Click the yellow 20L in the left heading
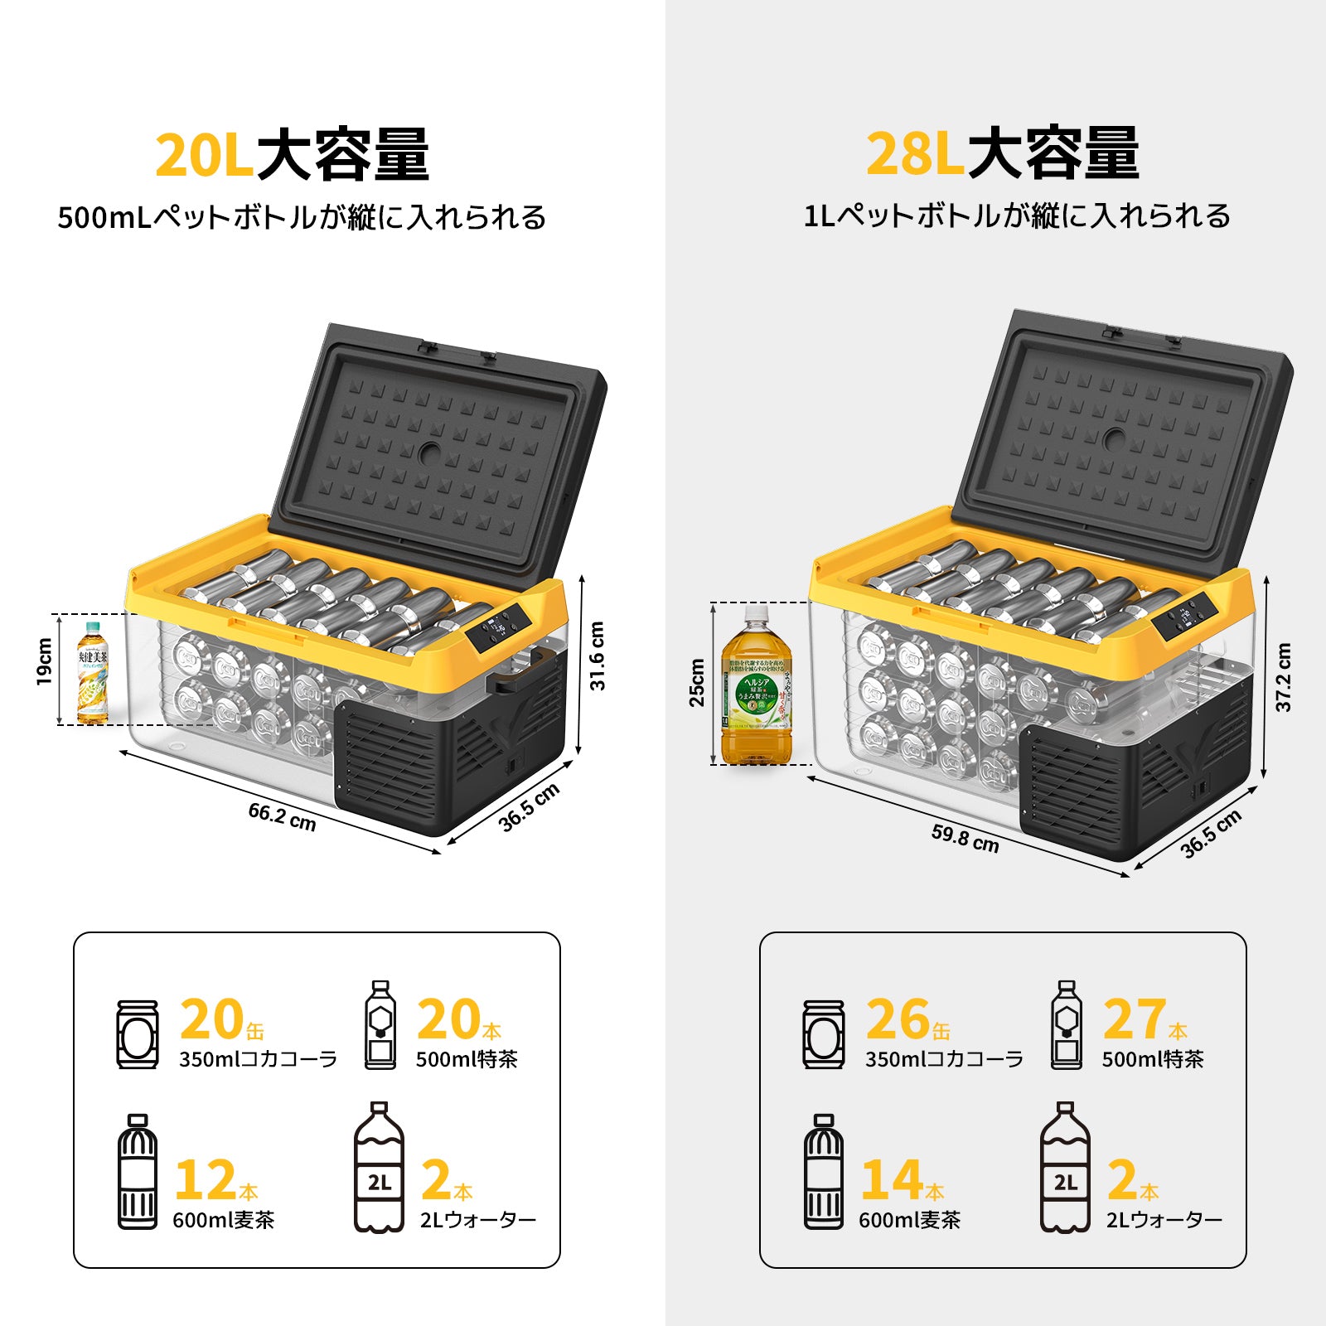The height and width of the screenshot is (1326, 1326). tap(203, 156)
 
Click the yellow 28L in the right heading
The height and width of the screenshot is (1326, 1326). tap(914, 154)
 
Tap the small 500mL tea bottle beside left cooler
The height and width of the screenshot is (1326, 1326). tap(92, 672)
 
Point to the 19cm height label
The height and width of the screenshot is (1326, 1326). tap(44, 661)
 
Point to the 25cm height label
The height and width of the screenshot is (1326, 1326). tap(697, 682)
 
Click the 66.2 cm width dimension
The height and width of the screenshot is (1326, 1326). tap(282, 816)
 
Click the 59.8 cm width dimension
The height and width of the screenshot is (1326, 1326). tap(965, 838)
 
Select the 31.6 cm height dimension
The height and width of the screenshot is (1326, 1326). tap(598, 656)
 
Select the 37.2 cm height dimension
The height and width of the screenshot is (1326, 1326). tap(1283, 676)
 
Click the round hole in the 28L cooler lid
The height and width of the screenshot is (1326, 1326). tap(1115, 439)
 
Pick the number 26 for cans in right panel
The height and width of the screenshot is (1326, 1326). tap(897, 1019)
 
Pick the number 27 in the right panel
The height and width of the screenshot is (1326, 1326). tap(1134, 1019)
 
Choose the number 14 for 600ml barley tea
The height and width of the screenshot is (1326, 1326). tap(892, 1179)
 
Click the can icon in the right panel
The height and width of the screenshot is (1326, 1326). tap(823, 1033)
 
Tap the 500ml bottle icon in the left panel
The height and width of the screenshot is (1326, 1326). tap(380, 1025)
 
